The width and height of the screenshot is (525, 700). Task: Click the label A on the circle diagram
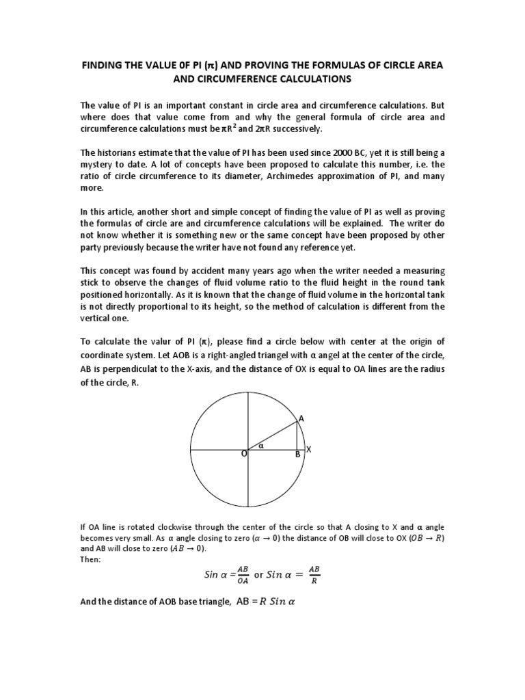(x=301, y=418)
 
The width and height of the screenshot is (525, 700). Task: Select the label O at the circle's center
(x=243, y=453)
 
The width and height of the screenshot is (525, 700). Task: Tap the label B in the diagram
(x=297, y=453)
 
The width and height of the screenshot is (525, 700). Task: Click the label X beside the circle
(x=308, y=449)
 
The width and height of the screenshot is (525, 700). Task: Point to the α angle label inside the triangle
(x=260, y=445)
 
